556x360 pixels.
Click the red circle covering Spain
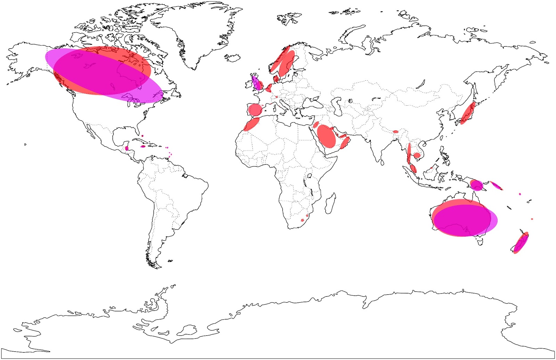tap(255, 110)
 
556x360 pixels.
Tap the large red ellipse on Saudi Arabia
tap(326, 136)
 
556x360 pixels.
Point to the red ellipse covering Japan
tap(468, 113)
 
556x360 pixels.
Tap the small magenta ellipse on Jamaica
tap(143, 147)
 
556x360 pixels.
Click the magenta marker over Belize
tap(127, 148)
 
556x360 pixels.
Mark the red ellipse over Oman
tap(345, 142)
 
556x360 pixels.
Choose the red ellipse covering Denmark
tap(276, 80)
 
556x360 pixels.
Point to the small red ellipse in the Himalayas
tap(395, 132)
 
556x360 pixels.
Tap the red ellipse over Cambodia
tap(417, 156)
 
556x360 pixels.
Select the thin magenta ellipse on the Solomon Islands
tap(496, 185)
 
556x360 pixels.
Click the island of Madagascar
tap(330, 203)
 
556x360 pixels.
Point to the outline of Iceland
tap(232, 57)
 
